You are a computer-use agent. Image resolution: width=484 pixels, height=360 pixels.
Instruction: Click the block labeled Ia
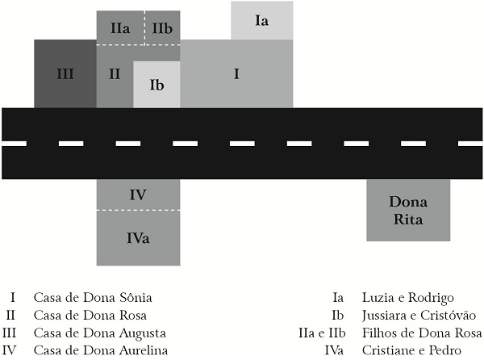coord(261,21)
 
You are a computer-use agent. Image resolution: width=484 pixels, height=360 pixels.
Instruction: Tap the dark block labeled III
coord(65,73)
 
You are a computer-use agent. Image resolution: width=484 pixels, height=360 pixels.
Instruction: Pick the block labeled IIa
coord(120,28)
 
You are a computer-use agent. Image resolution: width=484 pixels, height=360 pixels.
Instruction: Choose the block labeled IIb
coord(162,28)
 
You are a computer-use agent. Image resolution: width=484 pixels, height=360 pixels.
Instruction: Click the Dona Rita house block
coord(407,210)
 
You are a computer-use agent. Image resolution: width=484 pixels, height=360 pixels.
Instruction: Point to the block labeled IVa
coord(138,237)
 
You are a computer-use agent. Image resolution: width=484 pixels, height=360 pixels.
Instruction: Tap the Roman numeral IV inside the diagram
coord(138,195)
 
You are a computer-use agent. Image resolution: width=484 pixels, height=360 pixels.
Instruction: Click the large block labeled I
coord(236,73)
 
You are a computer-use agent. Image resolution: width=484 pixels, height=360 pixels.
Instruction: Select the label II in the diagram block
coord(115,73)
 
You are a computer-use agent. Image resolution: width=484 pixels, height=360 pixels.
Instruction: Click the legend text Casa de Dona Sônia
coord(93,297)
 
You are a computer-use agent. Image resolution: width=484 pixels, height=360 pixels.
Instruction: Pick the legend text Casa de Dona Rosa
coord(90,315)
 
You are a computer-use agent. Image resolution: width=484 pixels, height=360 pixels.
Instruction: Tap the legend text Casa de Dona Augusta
coord(99,333)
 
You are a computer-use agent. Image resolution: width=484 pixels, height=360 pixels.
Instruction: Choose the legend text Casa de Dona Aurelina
coord(100,350)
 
